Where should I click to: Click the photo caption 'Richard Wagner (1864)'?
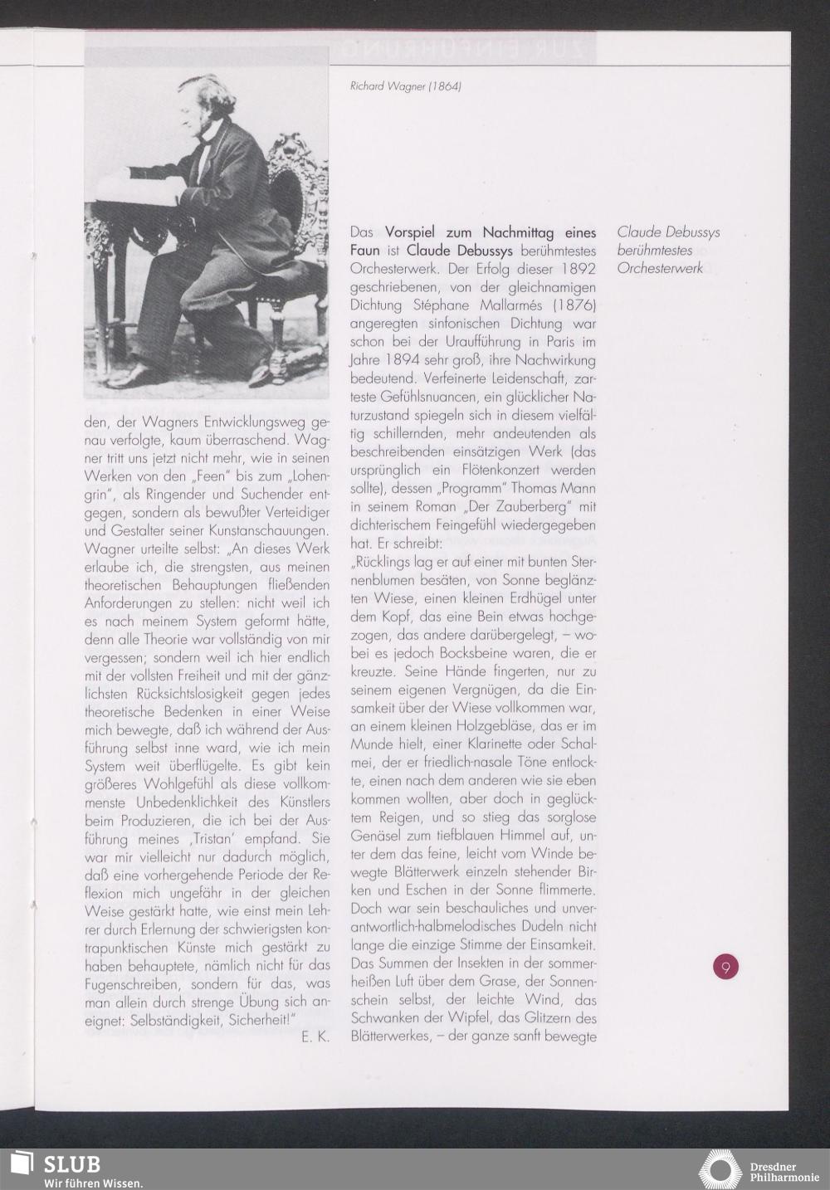click(405, 85)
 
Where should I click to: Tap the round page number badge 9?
click(725, 967)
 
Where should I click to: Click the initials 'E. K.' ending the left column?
click(315, 1037)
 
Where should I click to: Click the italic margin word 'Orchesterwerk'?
click(660, 269)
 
